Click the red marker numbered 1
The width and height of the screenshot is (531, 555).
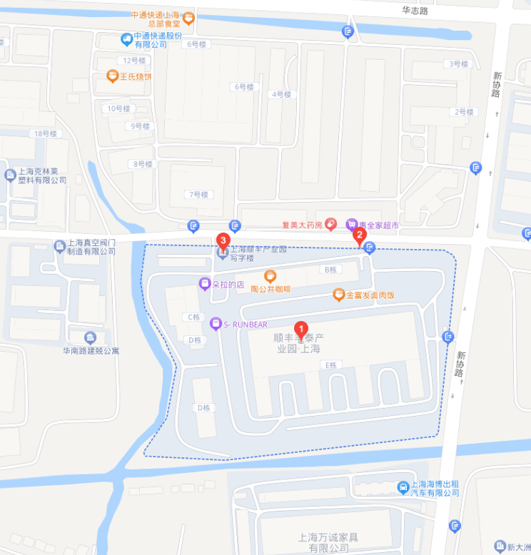(x=301, y=330)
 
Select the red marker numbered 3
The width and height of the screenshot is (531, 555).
(x=223, y=240)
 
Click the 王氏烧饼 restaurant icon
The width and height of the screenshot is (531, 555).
(x=112, y=76)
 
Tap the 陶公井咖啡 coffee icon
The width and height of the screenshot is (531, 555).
(x=270, y=276)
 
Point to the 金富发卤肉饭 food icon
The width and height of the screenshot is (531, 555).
(x=339, y=294)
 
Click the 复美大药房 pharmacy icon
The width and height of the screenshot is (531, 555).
(x=331, y=225)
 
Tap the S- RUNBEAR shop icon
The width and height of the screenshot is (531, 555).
(x=216, y=324)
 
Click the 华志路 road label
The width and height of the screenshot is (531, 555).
(x=415, y=11)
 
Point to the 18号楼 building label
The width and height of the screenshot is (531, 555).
(x=44, y=133)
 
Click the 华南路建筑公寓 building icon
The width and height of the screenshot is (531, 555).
(x=90, y=337)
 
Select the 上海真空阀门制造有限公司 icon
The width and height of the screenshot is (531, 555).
(x=60, y=246)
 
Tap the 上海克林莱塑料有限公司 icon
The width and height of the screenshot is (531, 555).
(x=10, y=175)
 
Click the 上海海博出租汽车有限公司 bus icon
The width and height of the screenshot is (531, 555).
(x=404, y=487)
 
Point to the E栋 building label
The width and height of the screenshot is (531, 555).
(x=330, y=365)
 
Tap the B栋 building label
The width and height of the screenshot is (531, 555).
(x=330, y=270)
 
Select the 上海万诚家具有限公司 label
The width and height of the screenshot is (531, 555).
(x=328, y=542)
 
